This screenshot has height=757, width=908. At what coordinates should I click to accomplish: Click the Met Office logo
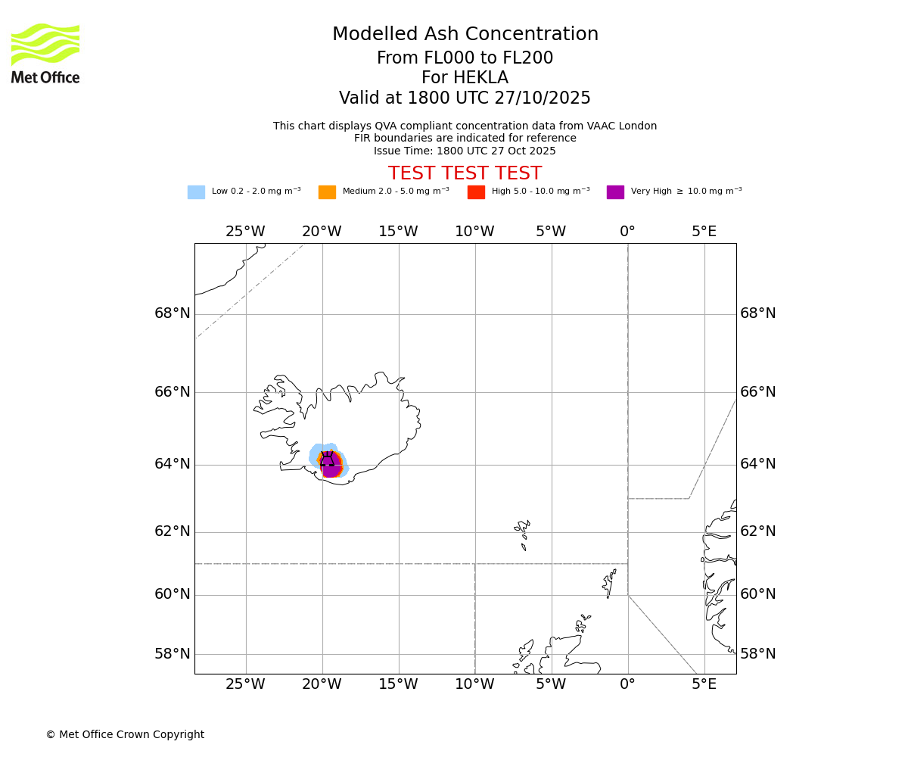[x=45, y=53]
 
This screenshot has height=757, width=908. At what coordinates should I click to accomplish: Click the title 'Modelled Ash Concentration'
[x=465, y=35]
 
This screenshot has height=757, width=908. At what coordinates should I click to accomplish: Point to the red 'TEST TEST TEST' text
[x=465, y=174]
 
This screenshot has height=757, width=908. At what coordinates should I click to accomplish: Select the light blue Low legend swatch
[x=196, y=192]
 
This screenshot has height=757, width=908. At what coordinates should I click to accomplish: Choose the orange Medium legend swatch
[x=327, y=192]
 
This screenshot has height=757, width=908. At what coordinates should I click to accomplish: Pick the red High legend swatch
[x=476, y=192]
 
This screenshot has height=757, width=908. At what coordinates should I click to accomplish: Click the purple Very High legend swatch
[x=615, y=192]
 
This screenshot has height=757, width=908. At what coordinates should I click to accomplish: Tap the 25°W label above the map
[x=245, y=232]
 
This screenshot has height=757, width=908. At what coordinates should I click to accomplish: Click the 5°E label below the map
[x=704, y=685]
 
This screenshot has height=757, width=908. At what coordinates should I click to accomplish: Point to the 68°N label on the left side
[x=173, y=313]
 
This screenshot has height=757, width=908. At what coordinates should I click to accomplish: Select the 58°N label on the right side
[x=757, y=654]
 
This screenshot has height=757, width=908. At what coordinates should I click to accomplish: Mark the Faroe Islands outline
[x=523, y=531]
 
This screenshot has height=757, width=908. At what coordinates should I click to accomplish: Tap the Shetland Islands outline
[x=609, y=583]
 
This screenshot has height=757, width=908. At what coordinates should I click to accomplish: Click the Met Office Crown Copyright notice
[x=125, y=735]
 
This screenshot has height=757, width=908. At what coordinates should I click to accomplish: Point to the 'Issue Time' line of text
[x=465, y=151]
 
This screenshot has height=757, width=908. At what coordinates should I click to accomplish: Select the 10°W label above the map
[x=474, y=232]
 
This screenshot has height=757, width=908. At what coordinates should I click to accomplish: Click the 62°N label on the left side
[x=173, y=531]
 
